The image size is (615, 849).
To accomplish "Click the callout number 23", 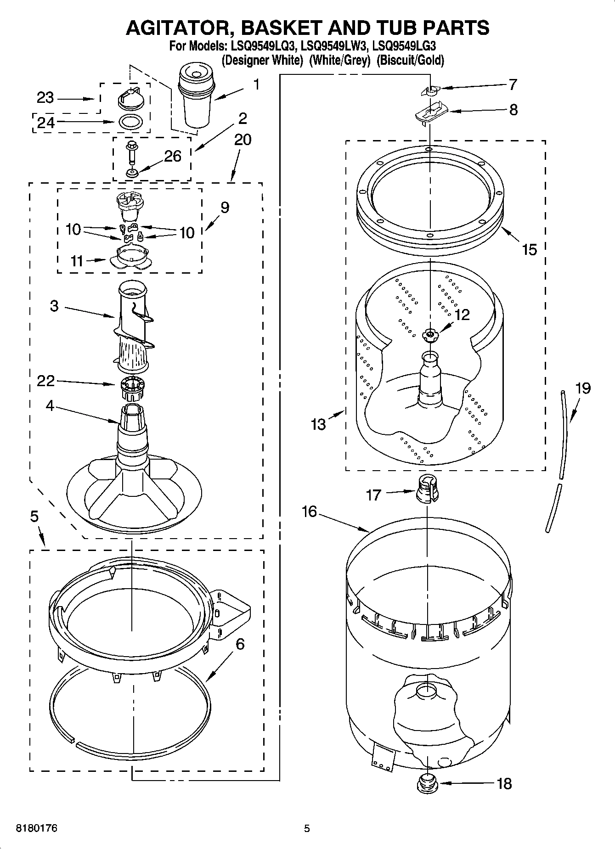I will (x=45, y=98).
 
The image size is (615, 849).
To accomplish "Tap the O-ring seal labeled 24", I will (x=130, y=122).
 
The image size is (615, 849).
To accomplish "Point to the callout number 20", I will (x=243, y=140).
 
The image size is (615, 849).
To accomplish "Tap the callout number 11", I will (x=77, y=261).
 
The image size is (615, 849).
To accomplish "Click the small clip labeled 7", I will (x=430, y=90).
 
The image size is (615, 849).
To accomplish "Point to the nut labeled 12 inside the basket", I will (x=429, y=335).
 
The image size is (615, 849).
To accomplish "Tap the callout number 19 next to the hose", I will (x=582, y=388).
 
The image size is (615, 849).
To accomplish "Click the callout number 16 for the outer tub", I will (x=310, y=511).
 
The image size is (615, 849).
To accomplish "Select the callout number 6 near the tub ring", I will (x=239, y=644).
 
